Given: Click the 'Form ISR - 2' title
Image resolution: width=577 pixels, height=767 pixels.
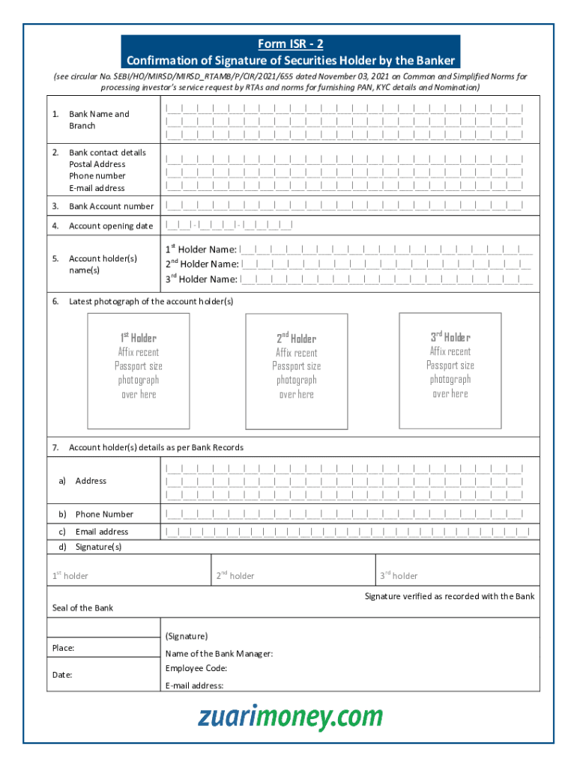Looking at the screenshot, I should (290, 44).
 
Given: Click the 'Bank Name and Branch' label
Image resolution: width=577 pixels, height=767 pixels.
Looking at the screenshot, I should (98, 120).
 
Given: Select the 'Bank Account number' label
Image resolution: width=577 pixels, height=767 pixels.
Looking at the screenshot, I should (111, 206).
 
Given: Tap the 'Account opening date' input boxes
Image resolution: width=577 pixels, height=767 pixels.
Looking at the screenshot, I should (229, 225).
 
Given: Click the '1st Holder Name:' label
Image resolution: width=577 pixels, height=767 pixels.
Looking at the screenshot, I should (201, 249).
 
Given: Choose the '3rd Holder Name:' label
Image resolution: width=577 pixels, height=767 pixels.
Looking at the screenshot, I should (202, 279).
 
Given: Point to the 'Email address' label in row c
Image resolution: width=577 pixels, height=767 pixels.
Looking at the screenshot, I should (101, 532).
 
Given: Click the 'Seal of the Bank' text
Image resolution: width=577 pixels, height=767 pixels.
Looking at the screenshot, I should (82, 607).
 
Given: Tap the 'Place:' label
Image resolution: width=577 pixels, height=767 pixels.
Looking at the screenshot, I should (63, 648).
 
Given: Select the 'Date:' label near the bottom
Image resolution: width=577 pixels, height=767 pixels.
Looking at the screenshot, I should (62, 675).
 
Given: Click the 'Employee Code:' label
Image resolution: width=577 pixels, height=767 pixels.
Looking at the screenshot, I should (196, 668).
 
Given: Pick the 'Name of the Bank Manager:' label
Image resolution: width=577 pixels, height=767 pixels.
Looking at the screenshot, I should (219, 653).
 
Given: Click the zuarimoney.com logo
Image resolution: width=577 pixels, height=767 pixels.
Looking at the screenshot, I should (290, 717).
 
